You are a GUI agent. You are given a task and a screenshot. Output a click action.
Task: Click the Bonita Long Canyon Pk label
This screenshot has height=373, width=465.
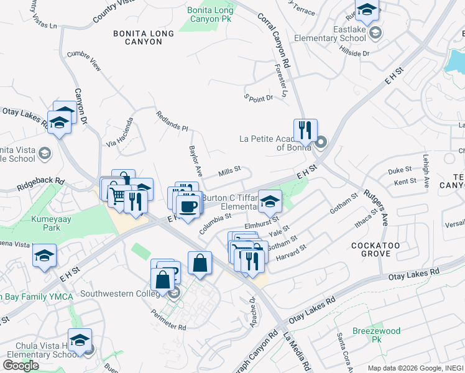211,14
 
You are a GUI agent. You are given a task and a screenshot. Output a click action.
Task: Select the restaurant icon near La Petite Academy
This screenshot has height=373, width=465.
305,131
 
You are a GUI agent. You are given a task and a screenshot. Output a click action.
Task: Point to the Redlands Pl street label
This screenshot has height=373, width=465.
172,122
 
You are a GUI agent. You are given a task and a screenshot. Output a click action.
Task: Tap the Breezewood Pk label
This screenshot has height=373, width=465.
377,335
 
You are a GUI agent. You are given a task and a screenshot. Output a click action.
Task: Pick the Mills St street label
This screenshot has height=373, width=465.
229,173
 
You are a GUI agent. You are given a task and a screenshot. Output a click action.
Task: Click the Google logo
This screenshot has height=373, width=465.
21,366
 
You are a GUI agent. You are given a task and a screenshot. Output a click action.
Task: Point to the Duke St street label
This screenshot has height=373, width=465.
400,169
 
